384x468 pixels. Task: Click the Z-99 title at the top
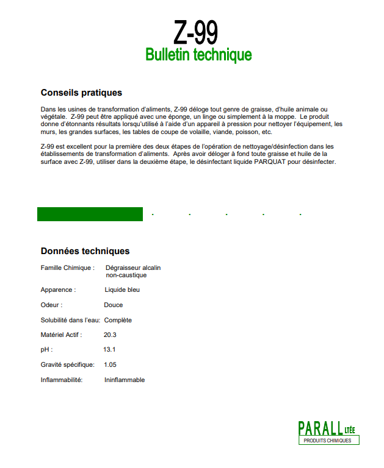(196, 32)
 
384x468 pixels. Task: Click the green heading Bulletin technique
(198, 55)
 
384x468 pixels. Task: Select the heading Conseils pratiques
(81, 93)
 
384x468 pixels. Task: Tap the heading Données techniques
(85, 250)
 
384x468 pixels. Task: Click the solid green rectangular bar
(90, 214)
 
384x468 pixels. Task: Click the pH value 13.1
(110, 350)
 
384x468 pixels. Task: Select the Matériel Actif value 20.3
(110, 335)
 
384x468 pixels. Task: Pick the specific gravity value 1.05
(110, 364)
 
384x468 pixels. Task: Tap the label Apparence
(58, 290)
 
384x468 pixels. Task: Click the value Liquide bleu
(122, 290)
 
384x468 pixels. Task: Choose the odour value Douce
(113, 305)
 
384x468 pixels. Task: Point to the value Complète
(118, 320)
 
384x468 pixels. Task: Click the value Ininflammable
(125, 380)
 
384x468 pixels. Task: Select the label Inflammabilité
(61, 380)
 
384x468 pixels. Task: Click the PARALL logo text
(320, 428)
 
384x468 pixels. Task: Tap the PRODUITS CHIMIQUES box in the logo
(328, 440)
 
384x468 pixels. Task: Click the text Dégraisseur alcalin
(133, 268)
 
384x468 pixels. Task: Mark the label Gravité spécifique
(67, 364)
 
